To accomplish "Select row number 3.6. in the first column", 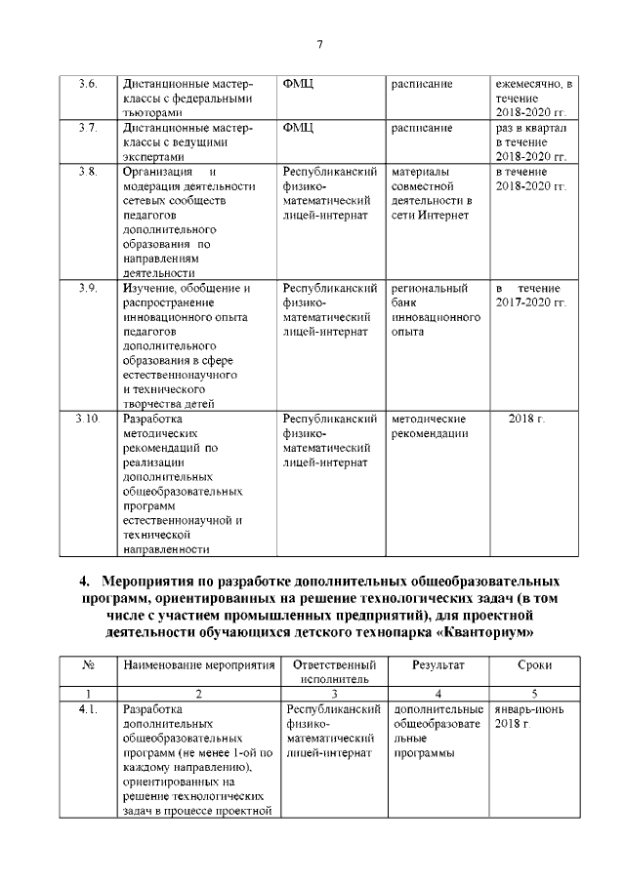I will (87, 84).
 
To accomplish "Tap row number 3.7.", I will (87, 128).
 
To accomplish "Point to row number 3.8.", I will (87, 172).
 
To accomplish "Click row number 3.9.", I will (87, 288).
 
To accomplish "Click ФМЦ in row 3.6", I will (297, 84).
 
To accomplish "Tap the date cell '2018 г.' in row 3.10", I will (527, 419).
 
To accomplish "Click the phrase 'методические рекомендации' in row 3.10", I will (430, 426).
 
